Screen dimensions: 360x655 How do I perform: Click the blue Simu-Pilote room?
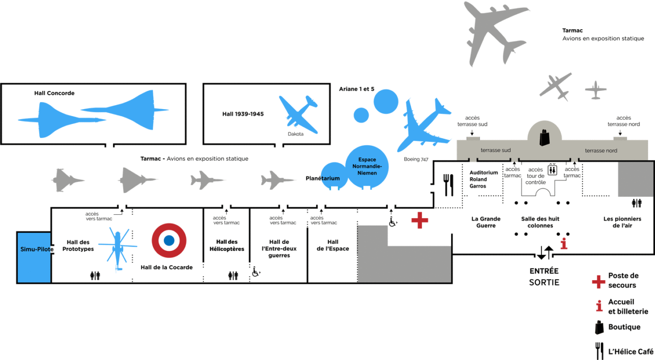pyautogui.click(x=34, y=257)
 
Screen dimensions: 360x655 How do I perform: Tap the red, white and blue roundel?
pyautogui.click(x=169, y=240)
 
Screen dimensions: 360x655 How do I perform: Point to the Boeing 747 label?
pyautogui.click(x=416, y=159)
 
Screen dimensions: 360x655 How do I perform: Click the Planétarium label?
pyautogui.click(x=323, y=178)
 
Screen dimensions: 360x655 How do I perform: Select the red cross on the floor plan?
pyautogui.click(x=420, y=220)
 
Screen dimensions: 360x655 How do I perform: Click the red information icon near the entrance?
pyautogui.click(x=564, y=243)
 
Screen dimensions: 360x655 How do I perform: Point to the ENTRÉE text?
pyautogui.click(x=544, y=271)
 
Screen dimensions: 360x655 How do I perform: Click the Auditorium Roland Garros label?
pyautogui.click(x=483, y=179)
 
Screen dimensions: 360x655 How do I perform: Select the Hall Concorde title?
pyautogui.click(x=54, y=93)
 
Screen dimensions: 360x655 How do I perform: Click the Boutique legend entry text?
pyautogui.click(x=624, y=327)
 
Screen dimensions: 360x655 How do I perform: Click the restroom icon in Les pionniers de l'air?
pyautogui.click(x=637, y=203)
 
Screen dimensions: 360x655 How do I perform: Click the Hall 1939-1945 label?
pyautogui.click(x=243, y=114)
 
